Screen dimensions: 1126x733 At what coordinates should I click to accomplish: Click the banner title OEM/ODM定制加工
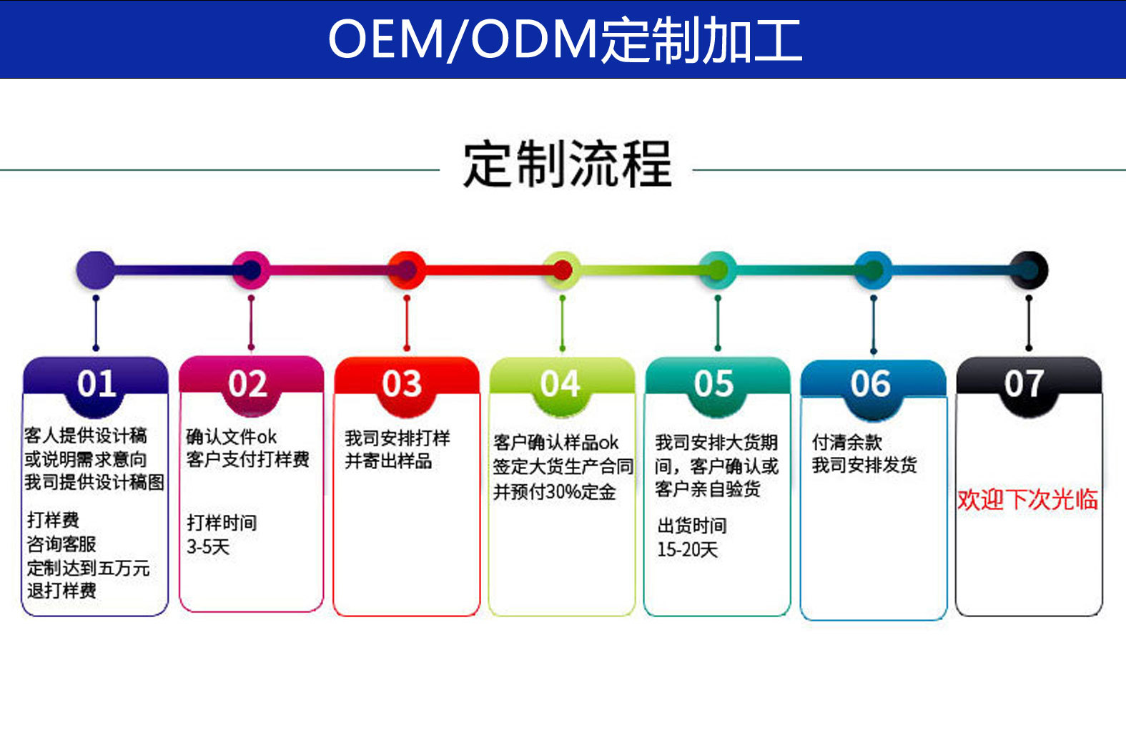coord(565,40)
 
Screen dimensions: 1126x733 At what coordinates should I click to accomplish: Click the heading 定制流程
coord(567,164)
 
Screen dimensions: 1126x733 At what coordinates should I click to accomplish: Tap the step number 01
coord(97,384)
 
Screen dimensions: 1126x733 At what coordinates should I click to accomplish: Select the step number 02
coord(247,384)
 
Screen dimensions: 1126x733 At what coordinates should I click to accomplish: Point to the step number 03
coord(402,384)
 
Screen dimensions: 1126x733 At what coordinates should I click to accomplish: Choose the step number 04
coord(560,384)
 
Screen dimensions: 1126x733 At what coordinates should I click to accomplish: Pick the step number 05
coord(713,384)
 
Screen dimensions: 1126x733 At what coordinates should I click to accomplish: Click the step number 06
coord(870,384)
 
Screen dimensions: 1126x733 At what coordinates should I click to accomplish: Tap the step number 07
coord(1024,384)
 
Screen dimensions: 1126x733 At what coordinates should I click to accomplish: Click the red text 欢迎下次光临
coord(1027,499)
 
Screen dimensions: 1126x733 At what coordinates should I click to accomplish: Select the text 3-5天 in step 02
coord(208,547)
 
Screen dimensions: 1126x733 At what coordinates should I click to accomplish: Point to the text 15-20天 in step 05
coord(687,549)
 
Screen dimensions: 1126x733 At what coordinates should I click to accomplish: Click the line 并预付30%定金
coord(554,492)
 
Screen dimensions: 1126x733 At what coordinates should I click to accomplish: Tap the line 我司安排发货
coord(864,466)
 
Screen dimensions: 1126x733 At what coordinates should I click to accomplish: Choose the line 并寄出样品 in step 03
coord(388,461)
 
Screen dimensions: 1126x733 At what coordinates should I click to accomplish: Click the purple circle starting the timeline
coord(95,270)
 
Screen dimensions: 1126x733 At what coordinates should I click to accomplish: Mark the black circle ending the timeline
coord(1029,270)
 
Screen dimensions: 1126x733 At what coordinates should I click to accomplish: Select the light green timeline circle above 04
coord(562,270)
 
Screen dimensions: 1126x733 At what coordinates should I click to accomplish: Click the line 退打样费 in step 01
coord(61,591)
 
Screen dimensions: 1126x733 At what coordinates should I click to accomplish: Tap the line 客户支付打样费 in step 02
coord(247,459)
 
